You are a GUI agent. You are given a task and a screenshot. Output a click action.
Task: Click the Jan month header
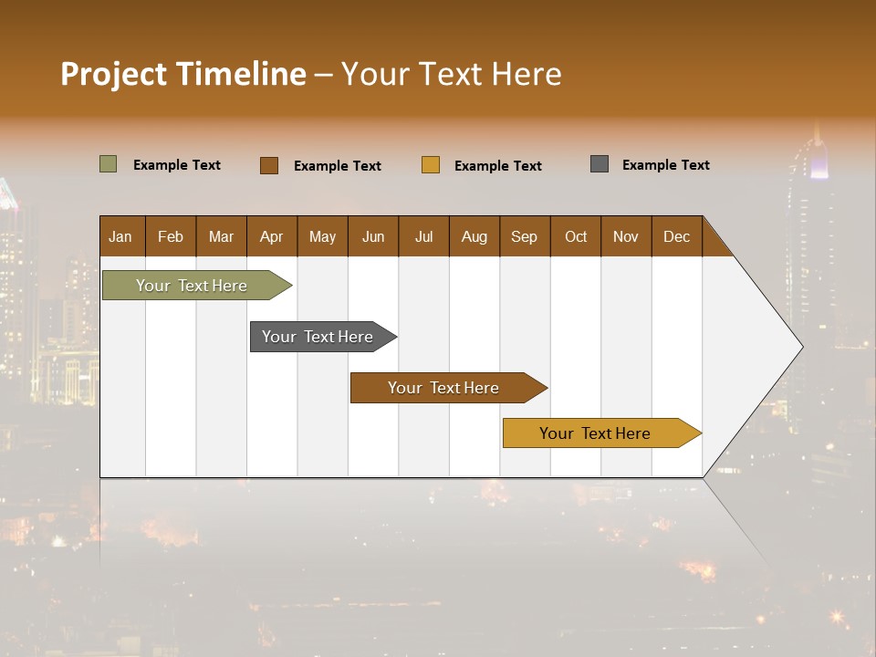click(x=121, y=236)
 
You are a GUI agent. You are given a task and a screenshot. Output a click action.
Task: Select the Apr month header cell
click(x=272, y=236)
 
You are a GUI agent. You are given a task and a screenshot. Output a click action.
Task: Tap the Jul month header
click(x=423, y=236)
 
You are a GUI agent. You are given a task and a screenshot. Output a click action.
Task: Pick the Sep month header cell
click(x=525, y=236)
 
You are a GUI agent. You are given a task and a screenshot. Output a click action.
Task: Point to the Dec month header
click(x=676, y=236)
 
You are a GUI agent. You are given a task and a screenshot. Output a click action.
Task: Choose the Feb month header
click(x=171, y=236)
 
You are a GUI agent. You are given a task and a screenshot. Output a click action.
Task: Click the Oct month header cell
click(x=576, y=236)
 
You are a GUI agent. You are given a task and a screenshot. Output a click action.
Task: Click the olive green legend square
click(x=108, y=164)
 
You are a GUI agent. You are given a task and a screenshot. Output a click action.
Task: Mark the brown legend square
click(x=269, y=165)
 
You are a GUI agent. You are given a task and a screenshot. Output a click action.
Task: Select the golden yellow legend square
click(x=431, y=165)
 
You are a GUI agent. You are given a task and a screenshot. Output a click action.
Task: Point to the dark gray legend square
click(x=600, y=164)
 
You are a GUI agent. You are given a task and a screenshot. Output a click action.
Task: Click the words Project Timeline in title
click(x=182, y=74)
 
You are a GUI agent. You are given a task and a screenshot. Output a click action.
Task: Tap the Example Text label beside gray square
click(x=665, y=165)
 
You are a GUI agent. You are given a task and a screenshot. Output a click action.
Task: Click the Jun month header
click(x=373, y=236)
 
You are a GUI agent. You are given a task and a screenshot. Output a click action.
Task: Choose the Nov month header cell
click(x=626, y=236)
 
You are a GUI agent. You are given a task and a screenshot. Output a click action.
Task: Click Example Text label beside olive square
click(x=177, y=165)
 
